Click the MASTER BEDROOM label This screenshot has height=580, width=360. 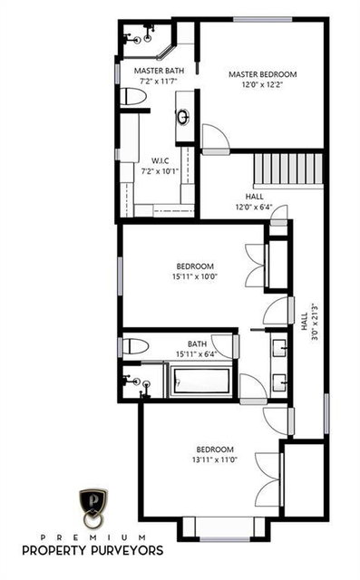click(x=262, y=74)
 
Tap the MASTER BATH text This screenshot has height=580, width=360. click(x=159, y=71)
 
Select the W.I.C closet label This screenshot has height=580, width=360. click(x=161, y=161)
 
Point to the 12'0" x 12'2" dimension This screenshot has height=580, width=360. click(x=262, y=84)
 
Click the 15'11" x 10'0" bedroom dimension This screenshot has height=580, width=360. click(x=195, y=275)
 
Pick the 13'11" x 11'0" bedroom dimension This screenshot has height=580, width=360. click(x=215, y=459)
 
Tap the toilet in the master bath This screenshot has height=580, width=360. click(x=133, y=97)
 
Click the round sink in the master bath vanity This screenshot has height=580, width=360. click(x=183, y=117)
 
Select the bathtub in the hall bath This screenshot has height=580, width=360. click(x=200, y=382)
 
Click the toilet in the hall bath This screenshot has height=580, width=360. click(x=135, y=346)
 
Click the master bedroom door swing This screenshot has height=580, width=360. click(x=216, y=137)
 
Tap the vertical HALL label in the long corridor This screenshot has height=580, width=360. click(x=304, y=322)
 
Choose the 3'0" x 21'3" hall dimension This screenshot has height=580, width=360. click(x=315, y=322)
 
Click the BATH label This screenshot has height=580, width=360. click(x=197, y=344)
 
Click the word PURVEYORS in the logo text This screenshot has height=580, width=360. click(x=127, y=550)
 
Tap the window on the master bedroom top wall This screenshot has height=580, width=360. click(x=263, y=19)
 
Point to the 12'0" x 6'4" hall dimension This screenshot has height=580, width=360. click(x=255, y=207)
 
